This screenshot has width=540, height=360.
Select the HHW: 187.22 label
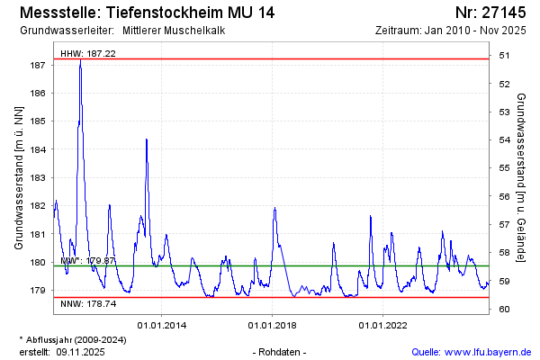(x=88, y=54)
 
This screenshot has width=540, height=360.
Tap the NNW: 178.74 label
(x=88, y=304)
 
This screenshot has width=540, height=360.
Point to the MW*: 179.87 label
(x=88, y=260)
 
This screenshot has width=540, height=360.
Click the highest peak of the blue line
(x=80, y=61)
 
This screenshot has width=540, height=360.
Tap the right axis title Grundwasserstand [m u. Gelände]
(x=522, y=178)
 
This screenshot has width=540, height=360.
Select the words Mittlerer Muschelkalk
(x=175, y=31)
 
